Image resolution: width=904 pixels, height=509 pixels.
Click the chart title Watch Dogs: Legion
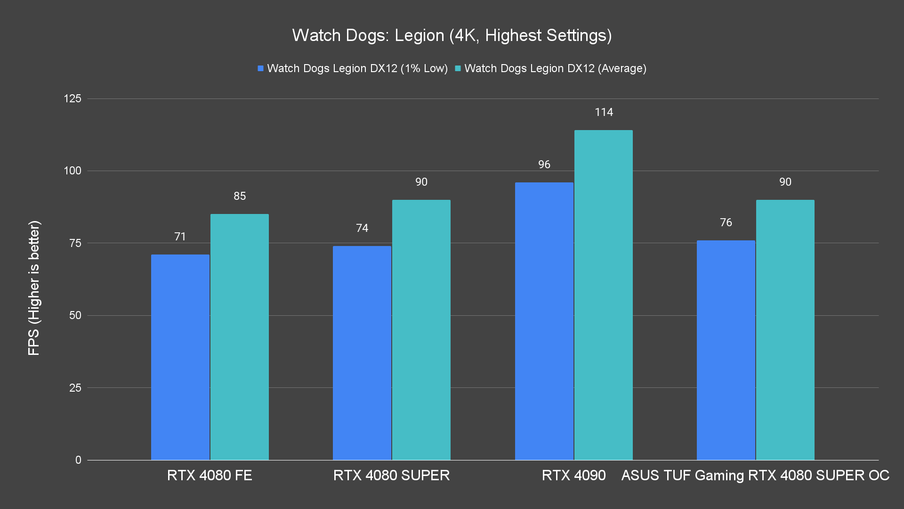452,35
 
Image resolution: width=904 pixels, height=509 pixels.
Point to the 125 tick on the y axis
73,99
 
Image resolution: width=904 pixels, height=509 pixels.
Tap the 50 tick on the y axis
75,315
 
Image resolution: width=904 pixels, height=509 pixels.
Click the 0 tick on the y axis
78,460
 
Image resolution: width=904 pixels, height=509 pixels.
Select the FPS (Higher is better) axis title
34,287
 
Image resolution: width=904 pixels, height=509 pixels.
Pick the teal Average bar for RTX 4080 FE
240,337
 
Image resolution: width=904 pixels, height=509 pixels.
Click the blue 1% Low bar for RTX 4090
544,321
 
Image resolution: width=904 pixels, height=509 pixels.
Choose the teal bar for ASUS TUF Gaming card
785,330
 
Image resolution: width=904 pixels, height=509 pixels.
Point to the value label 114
604,112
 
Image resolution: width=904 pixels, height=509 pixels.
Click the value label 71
180,237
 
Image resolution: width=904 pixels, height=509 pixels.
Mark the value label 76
726,222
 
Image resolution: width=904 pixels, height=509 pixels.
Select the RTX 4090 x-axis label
573,475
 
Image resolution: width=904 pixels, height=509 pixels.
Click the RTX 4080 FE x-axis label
210,475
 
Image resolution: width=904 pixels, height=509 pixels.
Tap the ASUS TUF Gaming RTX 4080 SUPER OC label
755,475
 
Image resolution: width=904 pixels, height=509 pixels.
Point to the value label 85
240,196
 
